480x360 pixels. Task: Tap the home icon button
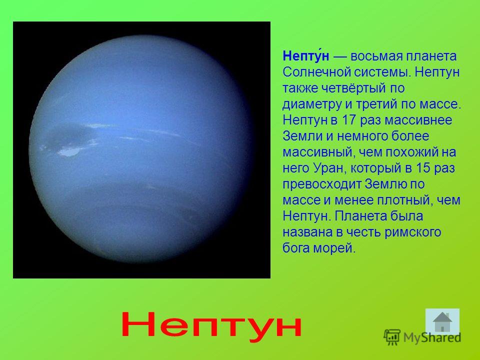pyautogui.click(x=442, y=321)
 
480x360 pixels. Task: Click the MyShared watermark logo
pyautogui.click(x=422, y=337)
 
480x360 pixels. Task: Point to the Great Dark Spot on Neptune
pyautogui.click(x=69, y=135)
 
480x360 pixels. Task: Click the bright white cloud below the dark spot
pyautogui.click(x=70, y=151)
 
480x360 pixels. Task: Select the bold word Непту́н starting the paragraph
pyautogui.click(x=306, y=56)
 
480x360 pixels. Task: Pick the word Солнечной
pyautogui.click(x=316, y=72)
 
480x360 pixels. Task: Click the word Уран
pyautogui.click(x=329, y=168)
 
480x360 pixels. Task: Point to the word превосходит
pyautogui.click(x=321, y=184)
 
